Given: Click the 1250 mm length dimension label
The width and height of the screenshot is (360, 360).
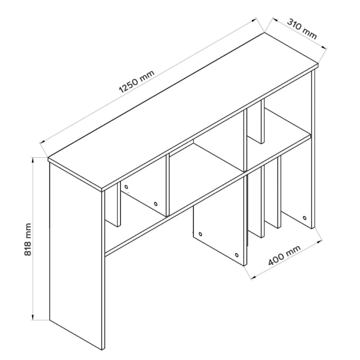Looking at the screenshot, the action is pyautogui.click(x=137, y=81).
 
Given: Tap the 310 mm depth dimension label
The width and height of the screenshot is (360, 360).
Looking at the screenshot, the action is pyautogui.click(x=302, y=29).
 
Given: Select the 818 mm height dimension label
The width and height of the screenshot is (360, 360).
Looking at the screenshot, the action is pyautogui.click(x=28, y=239).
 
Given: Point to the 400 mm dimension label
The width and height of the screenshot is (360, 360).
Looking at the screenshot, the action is pyautogui.click(x=284, y=255).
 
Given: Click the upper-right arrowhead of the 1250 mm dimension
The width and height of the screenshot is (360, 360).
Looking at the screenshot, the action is pyautogui.click(x=253, y=20).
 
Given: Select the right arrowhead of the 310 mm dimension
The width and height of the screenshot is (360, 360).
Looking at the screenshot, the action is pyautogui.click(x=324, y=47).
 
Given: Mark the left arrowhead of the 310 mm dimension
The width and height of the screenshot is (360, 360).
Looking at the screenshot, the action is pyautogui.click(x=275, y=20).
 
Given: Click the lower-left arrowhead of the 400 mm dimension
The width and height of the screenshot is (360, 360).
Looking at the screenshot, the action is pyautogui.click(x=253, y=278).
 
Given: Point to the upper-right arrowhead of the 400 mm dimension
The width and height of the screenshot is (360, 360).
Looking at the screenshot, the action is pyautogui.click(x=319, y=242).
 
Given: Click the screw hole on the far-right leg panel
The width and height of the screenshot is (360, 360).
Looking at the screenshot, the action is pyautogui.click(x=304, y=217).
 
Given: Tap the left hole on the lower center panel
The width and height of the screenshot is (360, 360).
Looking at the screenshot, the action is pyautogui.click(x=200, y=234).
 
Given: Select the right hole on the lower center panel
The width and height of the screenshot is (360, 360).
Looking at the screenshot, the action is pyautogui.click(x=237, y=255).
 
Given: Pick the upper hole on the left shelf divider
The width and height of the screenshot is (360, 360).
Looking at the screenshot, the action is pyautogui.click(x=126, y=187).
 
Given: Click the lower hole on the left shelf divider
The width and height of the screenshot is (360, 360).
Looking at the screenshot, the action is pyautogui.click(x=156, y=204).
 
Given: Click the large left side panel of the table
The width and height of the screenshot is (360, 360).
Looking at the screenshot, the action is pyautogui.click(x=75, y=255).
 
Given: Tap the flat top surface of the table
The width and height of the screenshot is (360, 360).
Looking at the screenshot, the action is pyautogui.click(x=183, y=111).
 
